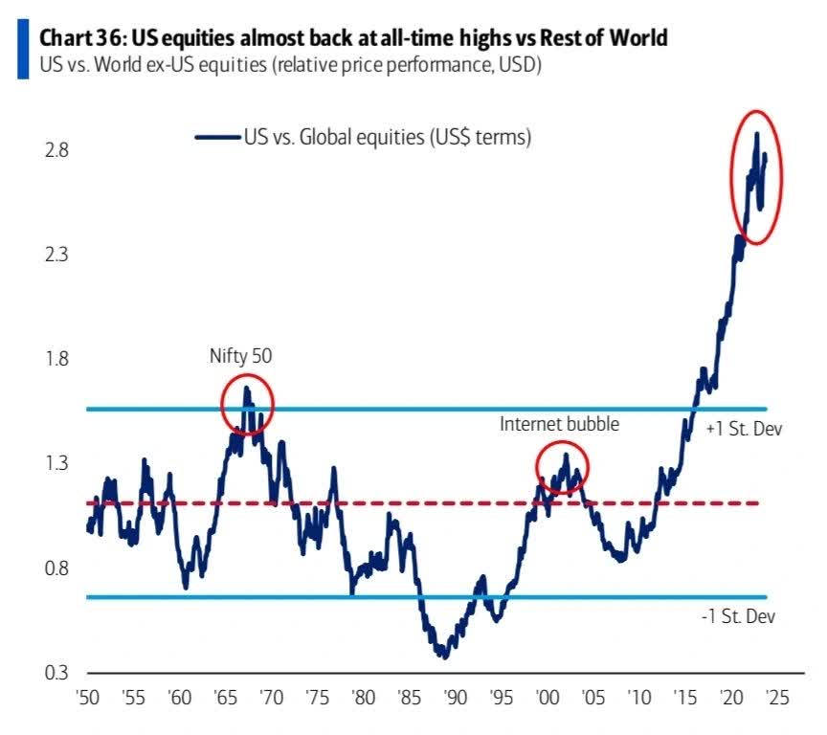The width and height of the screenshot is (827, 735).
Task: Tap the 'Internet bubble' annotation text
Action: pyautogui.click(x=559, y=424)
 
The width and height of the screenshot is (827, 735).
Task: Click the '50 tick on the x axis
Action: pyautogui.click(x=87, y=700)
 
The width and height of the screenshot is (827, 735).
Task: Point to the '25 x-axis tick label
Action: pyautogui.click(x=774, y=700)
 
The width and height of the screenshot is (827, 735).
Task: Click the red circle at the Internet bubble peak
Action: pyautogui.click(x=562, y=467)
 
